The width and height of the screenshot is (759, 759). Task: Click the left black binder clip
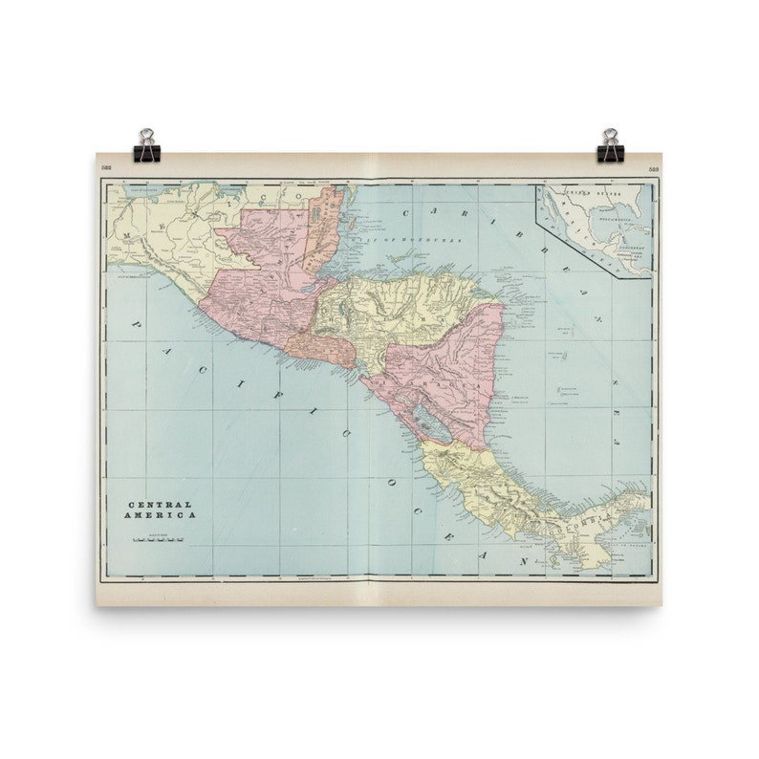[146, 145]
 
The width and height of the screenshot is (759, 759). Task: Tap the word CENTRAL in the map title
[161, 504]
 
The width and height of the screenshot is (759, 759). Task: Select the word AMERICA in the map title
[163, 515]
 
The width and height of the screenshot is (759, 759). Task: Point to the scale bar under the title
[159, 539]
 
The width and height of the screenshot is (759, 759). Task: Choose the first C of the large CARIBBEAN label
[407, 214]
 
